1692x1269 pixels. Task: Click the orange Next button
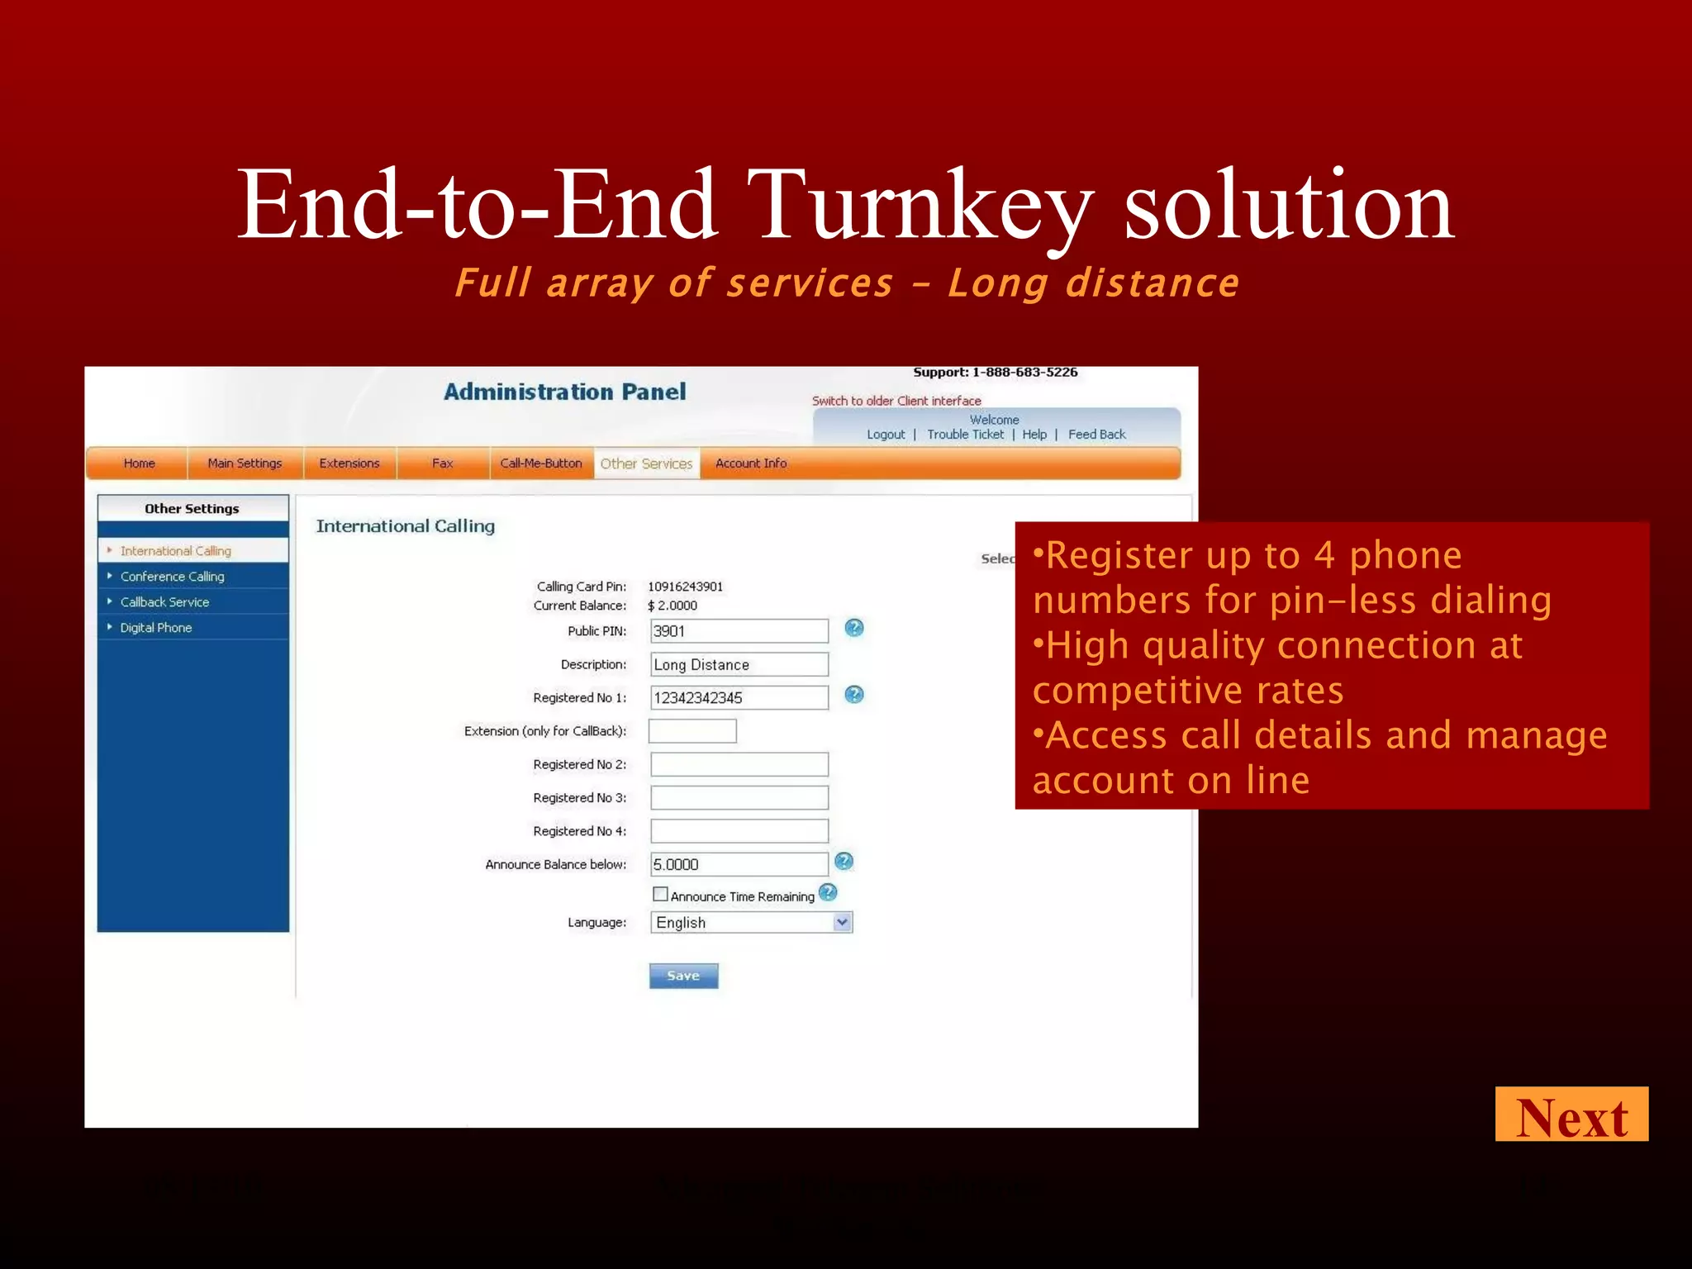click(1571, 1115)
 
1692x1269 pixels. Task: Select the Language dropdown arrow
click(842, 922)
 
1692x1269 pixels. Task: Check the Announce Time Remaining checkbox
click(660, 894)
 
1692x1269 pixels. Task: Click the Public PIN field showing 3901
click(739, 631)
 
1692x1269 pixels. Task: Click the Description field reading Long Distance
click(739, 664)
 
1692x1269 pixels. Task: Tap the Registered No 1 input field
click(739, 697)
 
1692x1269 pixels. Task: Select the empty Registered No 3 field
click(739, 797)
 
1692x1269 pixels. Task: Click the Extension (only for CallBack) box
click(692, 731)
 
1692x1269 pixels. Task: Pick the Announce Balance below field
click(739, 864)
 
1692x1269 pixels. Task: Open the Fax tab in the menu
click(442, 463)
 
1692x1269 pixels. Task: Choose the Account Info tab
click(751, 463)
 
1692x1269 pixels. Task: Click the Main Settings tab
click(245, 463)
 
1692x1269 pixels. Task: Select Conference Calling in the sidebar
click(172, 577)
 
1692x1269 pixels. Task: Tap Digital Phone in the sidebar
click(156, 628)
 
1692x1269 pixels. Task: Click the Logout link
click(886, 435)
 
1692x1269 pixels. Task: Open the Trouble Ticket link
click(965, 435)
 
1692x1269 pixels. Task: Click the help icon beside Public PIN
click(854, 628)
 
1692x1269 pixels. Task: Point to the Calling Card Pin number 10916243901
click(685, 587)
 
